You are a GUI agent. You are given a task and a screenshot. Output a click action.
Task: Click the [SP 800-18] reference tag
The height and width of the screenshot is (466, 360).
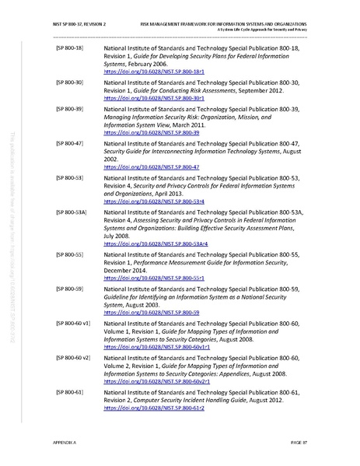[x=70, y=48]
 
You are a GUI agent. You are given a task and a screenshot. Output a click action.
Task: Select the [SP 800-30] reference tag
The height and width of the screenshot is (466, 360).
[x=70, y=81]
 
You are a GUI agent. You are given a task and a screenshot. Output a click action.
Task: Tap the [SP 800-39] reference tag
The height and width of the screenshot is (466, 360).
[x=70, y=109]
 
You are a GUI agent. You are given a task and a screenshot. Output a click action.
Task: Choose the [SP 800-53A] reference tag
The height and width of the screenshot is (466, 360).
[x=72, y=211]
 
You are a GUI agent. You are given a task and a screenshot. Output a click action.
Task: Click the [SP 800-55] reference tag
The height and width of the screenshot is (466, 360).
[x=70, y=254]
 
